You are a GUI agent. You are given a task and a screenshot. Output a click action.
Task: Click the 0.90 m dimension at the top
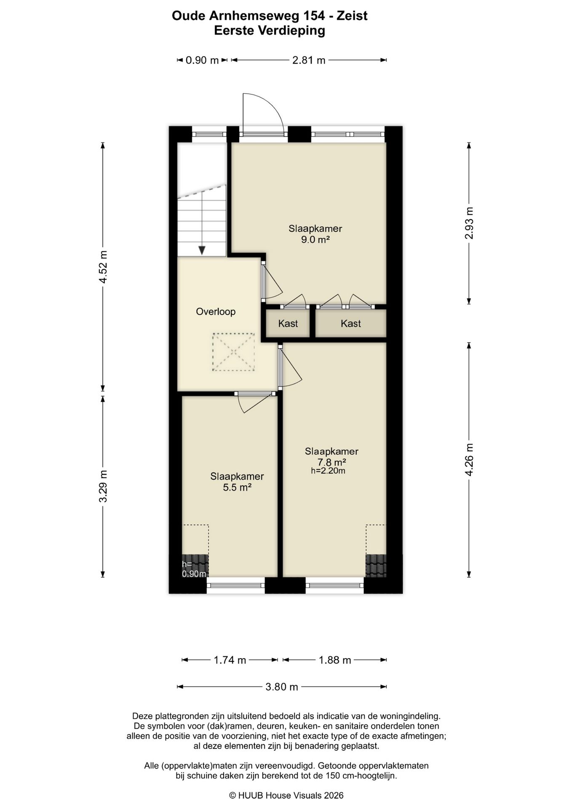(x=202, y=60)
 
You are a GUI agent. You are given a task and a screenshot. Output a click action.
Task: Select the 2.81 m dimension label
(x=309, y=60)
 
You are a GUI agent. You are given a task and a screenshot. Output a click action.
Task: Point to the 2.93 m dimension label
(x=469, y=223)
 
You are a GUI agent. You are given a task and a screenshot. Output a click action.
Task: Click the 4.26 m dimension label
(x=469, y=460)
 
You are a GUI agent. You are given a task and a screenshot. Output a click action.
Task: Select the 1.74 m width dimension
(x=230, y=660)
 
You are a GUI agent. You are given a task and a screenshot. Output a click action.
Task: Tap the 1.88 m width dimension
(x=335, y=660)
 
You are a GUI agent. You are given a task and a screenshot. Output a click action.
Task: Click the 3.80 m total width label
(x=282, y=687)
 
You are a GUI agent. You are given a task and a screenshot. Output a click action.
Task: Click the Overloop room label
(x=216, y=312)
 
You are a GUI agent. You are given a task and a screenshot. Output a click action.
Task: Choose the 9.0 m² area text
(x=315, y=240)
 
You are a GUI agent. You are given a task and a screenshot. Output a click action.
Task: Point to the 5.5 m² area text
(x=237, y=488)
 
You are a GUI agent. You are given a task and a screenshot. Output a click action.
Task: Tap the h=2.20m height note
(x=328, y=471)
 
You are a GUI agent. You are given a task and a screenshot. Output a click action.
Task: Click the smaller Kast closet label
(x=288, y=324)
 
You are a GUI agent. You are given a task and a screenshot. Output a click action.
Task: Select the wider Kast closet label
(x=351, y=324)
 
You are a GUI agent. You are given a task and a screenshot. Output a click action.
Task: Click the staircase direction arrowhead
(x=202, y=250)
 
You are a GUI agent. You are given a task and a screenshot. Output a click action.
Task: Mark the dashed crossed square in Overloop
(x=233, y=352)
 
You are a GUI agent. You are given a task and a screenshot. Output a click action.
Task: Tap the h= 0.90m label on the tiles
(x=194, y=569)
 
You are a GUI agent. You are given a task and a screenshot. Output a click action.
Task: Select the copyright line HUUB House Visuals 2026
(x=286, y=796)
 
